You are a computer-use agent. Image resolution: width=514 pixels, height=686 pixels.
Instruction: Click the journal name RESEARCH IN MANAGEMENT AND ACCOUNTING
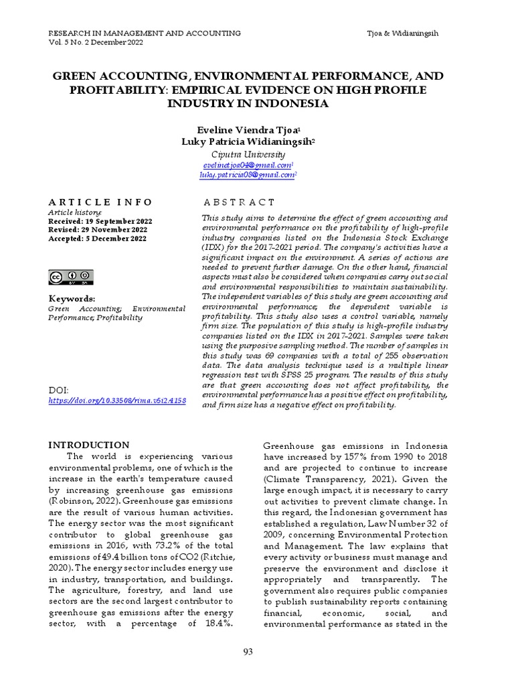click(145, 33)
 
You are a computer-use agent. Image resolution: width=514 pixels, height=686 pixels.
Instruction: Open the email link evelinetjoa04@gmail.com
click(247, 165)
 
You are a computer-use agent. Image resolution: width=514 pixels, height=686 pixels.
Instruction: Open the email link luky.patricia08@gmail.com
click(247, 175)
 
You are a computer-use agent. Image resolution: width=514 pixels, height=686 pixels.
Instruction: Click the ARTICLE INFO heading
click(100, 202)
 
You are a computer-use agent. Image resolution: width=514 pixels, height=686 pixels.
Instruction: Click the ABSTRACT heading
click(239, 202)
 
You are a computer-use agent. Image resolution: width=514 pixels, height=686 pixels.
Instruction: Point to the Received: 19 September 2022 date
click(100, 221)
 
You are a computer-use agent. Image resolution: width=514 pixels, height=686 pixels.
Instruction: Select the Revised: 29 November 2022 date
click(98, 230)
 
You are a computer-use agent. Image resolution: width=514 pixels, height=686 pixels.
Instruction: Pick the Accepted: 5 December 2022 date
click(97, 238)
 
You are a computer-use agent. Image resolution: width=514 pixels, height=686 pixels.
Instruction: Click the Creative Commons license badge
click(71, 277)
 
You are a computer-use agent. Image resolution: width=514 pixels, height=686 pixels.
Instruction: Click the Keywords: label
click(72, 298)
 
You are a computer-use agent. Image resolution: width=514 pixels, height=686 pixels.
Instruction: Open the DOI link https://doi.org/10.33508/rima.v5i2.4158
click(117, 401)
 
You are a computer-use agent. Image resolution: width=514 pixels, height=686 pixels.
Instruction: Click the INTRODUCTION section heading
click(89, 445)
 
